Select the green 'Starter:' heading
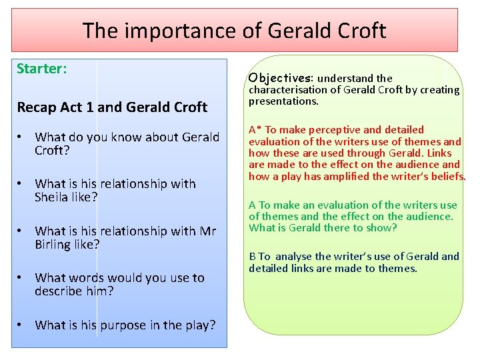pyautogui.click(x=41, y=69)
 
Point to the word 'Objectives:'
pyautogui.click(x=279, y=78)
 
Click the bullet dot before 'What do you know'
pyautogui.click(x=22, y=137)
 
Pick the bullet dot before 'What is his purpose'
pyautogui.click(x=22, y=325)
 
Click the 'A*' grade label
pyautogui.click(x=255, y=130)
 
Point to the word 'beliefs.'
pyautogui.click(x=448, y=176)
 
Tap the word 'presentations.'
pyautogui.click(x=284, y=101)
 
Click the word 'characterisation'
pyautogui.click(x=290, y=90)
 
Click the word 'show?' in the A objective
pyautogui.click(x=382, y=228)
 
